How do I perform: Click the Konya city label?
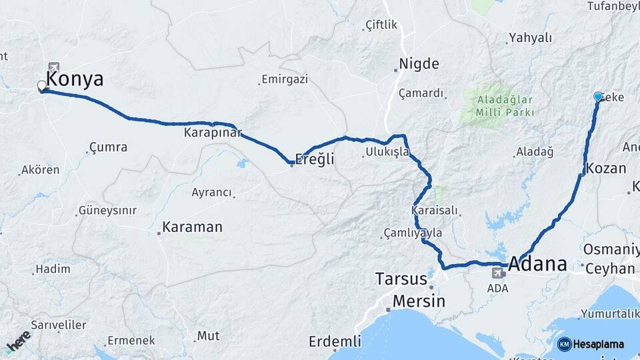pyautogui.click(x=75, y=80)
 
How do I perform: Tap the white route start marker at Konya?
pyautogui.click(x=42, y=86)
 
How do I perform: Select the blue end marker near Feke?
pyautogui.click(x=598, y=97)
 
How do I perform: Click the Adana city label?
pyautogui.click(x=537, y=264)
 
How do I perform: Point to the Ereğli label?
pyautogui.click(x=315, y=160)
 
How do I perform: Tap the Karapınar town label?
pyautogui.click(x=213, y=133)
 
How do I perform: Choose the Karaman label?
pyautogui.click(x=192, y=227)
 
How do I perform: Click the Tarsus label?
pyautogui.click(x=401, y=278)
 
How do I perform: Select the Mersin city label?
pyautogui.click(x=419, y=301)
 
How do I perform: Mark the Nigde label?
pyautogui.click(x=419, y=65)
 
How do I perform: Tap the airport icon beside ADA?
pyautogui.click(x=498, y=273)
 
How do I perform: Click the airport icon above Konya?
pyautogui.click(x=53, y=67)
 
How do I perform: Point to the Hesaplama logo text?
pyautogui.click(x=598, y=345)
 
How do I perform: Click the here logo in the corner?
pyautogui.click(x=18, y=340)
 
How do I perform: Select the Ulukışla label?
pyautogui.click(x=387, y=153)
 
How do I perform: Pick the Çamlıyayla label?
pyautogui.click(x=413, y=233)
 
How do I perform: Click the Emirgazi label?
pyautogui.click(x=285, y=79)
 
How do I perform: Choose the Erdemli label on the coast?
pyautogui.click(x=335, y=341)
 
